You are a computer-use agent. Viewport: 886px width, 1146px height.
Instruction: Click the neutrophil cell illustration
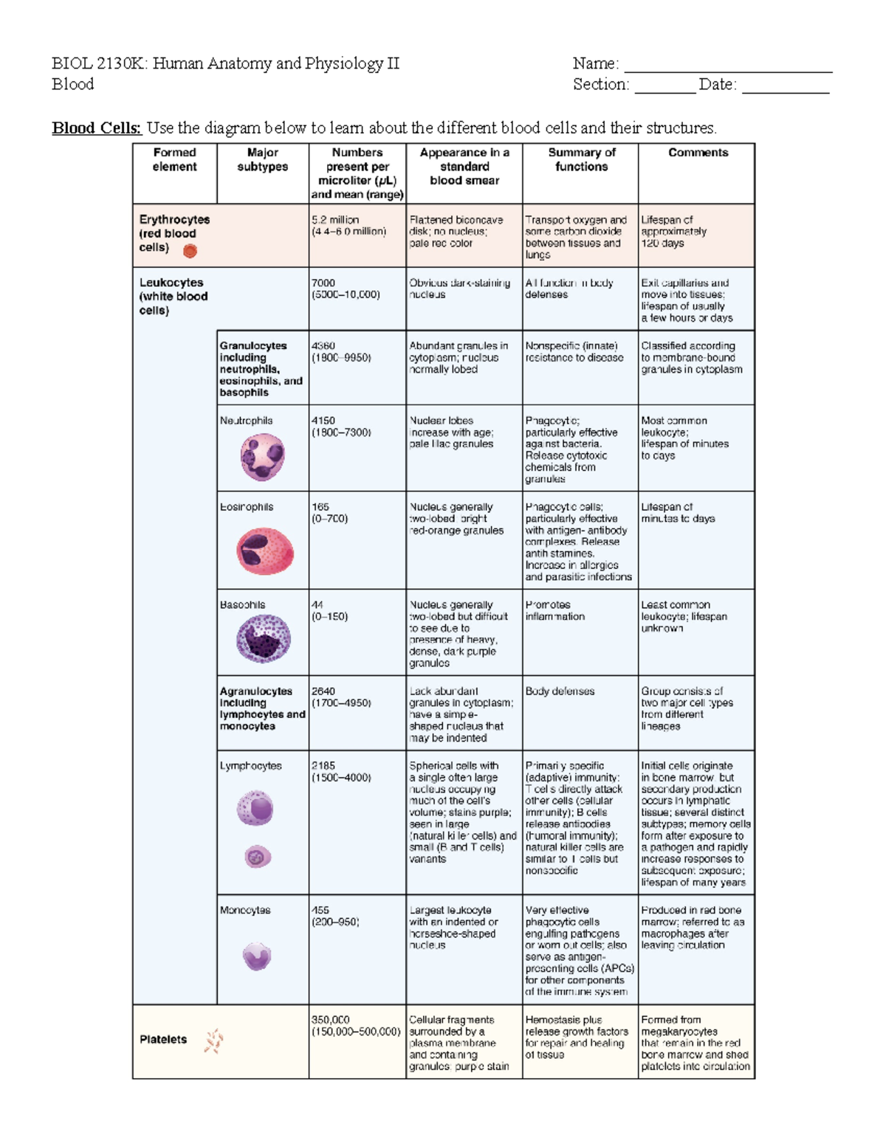tap(262, 458)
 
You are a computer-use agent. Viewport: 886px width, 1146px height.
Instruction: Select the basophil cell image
tap(263, 639)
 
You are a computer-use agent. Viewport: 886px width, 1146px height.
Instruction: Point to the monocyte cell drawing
tap(257, 956)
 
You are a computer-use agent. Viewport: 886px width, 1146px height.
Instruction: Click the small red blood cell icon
tap(190, 251)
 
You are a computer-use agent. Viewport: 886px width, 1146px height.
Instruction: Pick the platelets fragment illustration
tap(213, 1040)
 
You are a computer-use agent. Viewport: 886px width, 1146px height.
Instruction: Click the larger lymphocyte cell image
tap(255, 808)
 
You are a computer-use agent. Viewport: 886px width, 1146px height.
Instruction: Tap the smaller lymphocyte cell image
tap(258, 857)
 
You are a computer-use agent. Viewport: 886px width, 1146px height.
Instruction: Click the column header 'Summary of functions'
tap(581, 159)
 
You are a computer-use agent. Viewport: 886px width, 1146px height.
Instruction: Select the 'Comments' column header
tap(698, 153)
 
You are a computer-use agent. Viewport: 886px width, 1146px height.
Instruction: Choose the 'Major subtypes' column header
tap(262, 159)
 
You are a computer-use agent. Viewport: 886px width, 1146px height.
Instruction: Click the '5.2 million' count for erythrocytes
tap(335, 220)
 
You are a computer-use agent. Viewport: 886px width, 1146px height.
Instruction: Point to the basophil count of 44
tap(317, 605)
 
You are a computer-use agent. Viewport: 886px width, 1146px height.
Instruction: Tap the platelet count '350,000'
tap(330, 1020)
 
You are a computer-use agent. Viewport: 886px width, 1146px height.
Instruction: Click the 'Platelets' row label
tap(163, 1040)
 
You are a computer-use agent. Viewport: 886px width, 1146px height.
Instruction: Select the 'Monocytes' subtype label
tap(245, 911)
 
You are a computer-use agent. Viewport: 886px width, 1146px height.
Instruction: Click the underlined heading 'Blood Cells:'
tap(96, 128)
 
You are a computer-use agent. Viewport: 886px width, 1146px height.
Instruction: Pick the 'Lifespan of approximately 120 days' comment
tap(673, 232)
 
